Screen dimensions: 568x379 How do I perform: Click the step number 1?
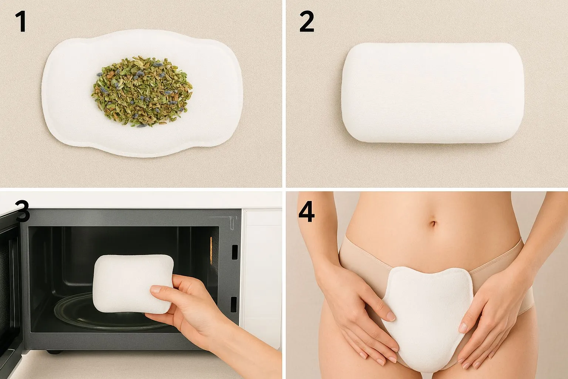tap(21, 21)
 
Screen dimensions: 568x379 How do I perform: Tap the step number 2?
tap(307, 21)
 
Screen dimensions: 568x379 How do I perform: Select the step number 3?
tap(22, 211)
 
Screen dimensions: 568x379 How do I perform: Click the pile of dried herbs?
tap(142, 91)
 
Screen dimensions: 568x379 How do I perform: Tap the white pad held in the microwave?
tap(133, 284)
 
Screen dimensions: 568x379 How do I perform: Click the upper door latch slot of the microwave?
tap(235, 252)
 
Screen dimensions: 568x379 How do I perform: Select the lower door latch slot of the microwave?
tap(234, 304)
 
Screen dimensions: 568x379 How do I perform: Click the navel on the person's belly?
tap(433, 224)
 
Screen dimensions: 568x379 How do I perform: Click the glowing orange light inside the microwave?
tap(211, 250)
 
